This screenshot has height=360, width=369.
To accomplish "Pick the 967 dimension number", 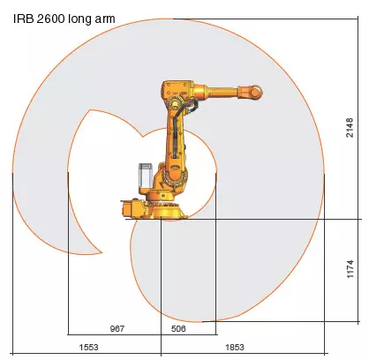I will click(117, 328).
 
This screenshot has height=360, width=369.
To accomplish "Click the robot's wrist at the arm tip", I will click(256, 90).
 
